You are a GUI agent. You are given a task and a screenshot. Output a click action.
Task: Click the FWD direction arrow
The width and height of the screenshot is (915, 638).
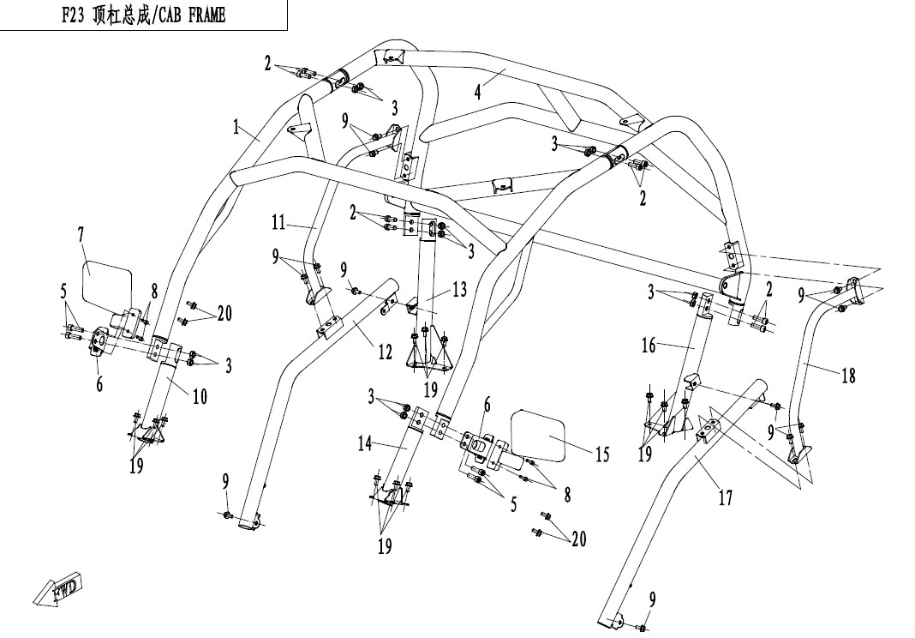[x=59, y=587]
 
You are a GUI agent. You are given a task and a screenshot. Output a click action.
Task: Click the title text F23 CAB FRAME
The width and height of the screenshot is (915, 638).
[x=144, y=15]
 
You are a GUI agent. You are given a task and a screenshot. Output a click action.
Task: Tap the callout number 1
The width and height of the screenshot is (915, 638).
[x=236, y=127]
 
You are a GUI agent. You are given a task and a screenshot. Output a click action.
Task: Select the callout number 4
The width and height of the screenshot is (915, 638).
[x=478, y=92]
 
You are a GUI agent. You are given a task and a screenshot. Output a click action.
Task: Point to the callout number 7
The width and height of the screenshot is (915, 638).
[x=81, y=236]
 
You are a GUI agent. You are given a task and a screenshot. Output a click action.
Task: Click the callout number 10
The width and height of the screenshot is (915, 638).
[x=200, y=397]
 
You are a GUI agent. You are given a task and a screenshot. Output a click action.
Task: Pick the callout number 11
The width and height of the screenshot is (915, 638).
[x=279, y=223]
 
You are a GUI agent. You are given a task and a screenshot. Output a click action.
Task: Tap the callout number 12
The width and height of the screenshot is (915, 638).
[x=385, y=352]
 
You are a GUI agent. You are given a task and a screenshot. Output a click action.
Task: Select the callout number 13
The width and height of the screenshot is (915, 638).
[x=459, y=289]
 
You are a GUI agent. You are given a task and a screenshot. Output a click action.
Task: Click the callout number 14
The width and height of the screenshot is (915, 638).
[x=365, y=444]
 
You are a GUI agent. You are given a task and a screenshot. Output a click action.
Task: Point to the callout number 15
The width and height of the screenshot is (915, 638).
[x=601, y=454]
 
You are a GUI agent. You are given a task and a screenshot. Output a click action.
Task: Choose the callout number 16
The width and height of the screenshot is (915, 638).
[x=649, y=346]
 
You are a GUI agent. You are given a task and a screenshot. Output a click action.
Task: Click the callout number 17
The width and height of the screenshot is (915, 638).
[x=726, y=498]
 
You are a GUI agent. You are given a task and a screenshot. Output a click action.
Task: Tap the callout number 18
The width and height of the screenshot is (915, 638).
[x=848, y=376]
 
